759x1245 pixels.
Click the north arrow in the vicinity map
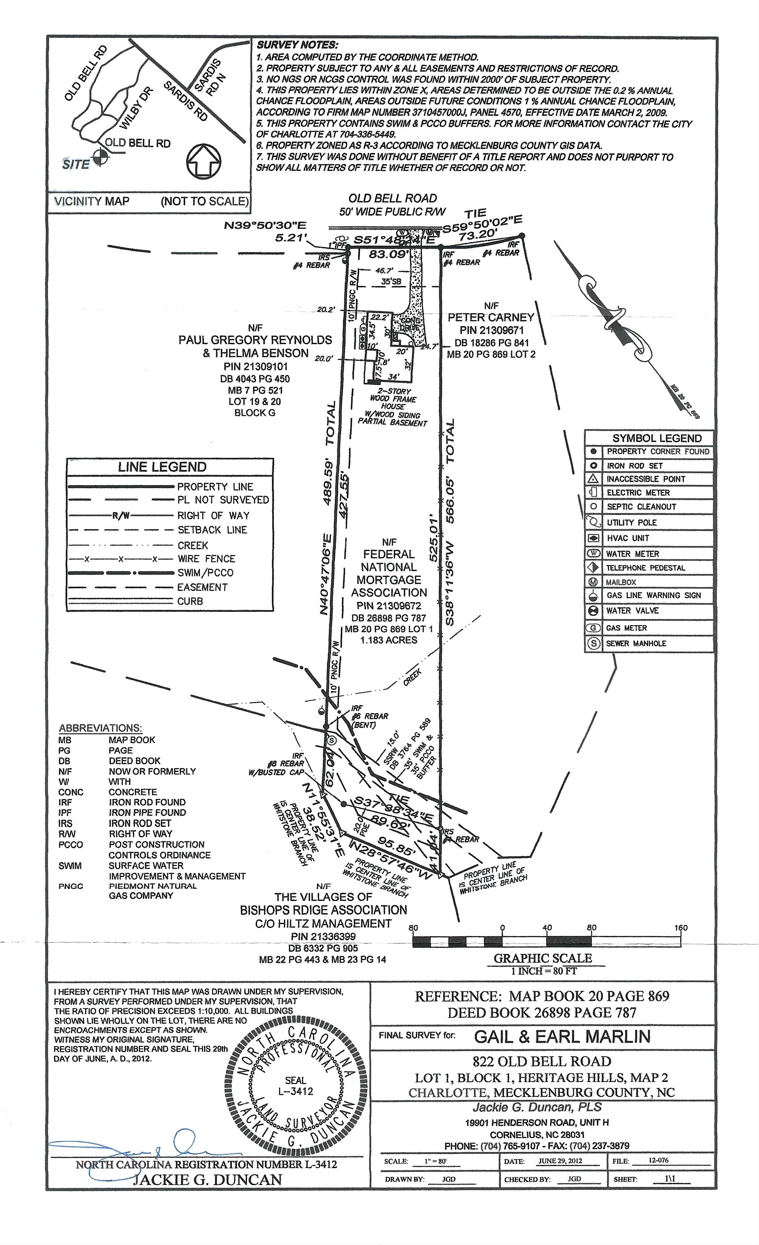coord(205,162)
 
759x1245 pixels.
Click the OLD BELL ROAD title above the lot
coord(392,199)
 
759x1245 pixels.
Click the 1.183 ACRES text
coord(388,640)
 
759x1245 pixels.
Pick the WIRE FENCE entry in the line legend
coord(206,559)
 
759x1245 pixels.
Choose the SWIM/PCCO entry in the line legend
coord(205,573)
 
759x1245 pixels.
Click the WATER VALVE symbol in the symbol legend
coord(594,611)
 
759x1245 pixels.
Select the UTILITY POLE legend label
coord(632,522)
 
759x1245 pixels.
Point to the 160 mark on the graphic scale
coord(681,928)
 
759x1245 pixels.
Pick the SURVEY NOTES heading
coord(297,46)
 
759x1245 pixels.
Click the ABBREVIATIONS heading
coord(100,728)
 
